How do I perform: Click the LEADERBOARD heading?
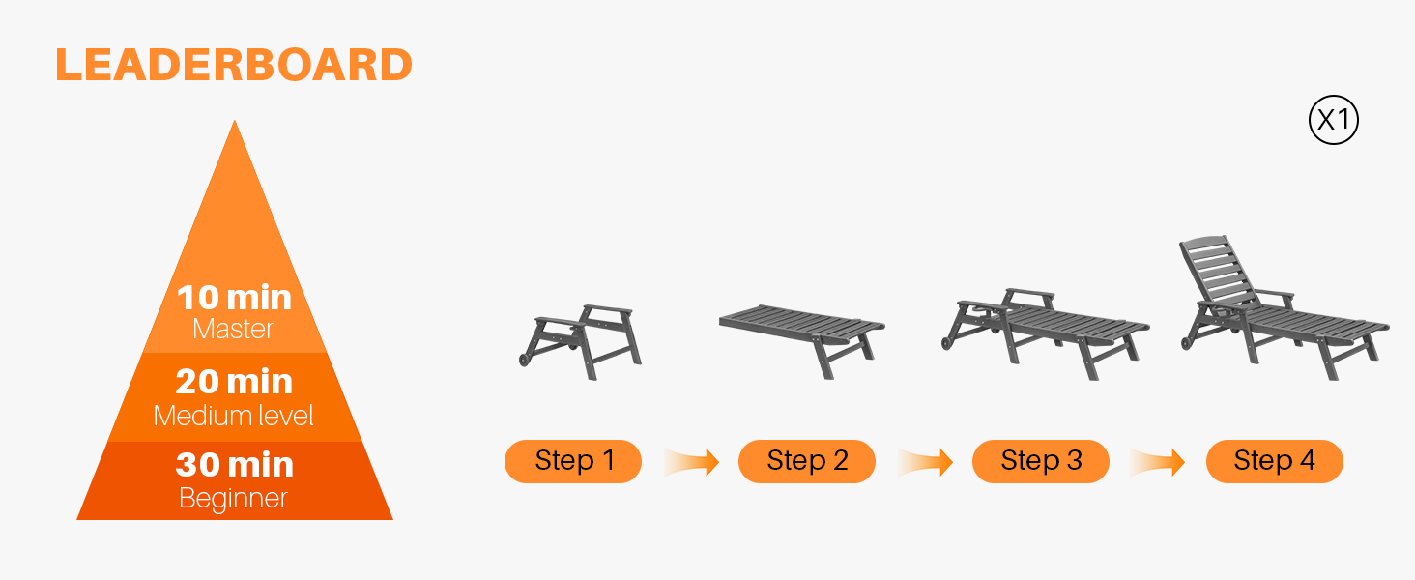pos(234,65)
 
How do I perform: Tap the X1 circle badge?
pos(1334,120)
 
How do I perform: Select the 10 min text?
pos(234,298)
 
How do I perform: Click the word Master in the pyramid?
pos(233,330)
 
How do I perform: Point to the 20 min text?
pos(234,382)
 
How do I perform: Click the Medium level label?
pos(233,416)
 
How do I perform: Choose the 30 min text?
pos(234,465)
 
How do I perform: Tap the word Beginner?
pos(233,499)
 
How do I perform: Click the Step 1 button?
pos(573,461)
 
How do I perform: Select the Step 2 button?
pos(807,461)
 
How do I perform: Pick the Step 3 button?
pos(1040,461)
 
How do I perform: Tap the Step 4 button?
pos(1274,461)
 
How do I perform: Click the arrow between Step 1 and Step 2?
pos(692,462)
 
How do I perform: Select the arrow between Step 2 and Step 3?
pos(925,462)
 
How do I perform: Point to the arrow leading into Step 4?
pos(1158,462)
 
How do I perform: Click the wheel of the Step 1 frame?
pos(524,361)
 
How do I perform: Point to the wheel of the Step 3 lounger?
pos(947,343)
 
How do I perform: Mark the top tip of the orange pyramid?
pos(234,120)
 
